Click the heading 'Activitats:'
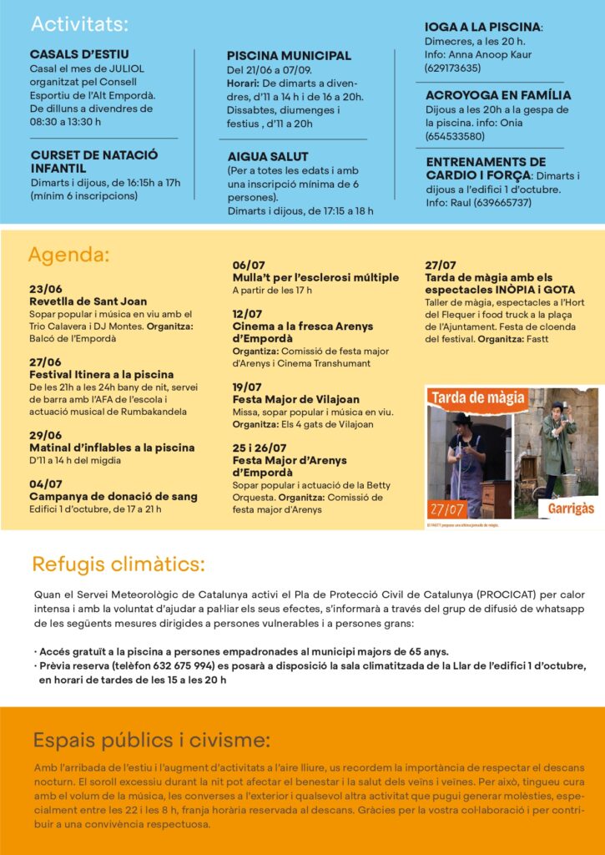click(x=80, y=23)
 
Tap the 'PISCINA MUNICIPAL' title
click(x=289, y=56)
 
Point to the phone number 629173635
click(x=452, y=68)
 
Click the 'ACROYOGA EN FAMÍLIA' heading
click(x=498, y=95)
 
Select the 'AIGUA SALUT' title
click(x=268, y=156)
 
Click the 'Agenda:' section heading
click(x=68, y=255)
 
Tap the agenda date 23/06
click(x=45, y=289)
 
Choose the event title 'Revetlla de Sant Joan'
click(x=88, y=301)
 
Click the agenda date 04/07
click(x=45, y=484)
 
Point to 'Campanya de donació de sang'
click(x=113, y=497)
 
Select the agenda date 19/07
click(x=247, y=387)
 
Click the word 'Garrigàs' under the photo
click(x=570, y=506)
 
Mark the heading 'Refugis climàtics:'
click(x=118, y=564)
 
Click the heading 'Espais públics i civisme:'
click(x=151, y=740)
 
